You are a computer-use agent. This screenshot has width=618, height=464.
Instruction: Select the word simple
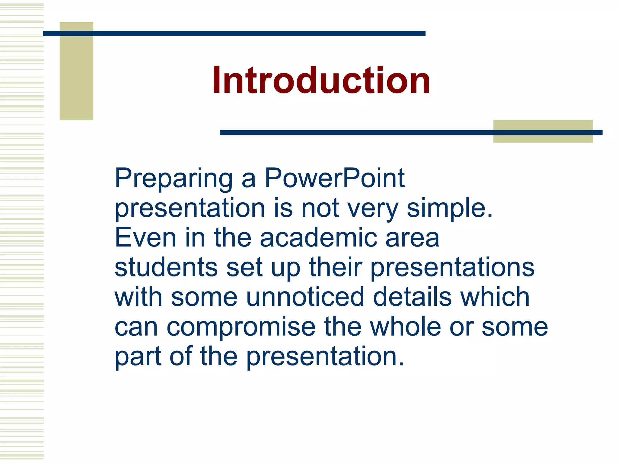450,208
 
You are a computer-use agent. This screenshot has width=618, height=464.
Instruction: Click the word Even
145,238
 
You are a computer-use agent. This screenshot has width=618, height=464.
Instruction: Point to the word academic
318,238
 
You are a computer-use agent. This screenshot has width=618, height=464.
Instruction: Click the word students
166,267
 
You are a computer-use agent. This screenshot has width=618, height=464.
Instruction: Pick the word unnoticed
305,297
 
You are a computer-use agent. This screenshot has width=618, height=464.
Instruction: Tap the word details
412,297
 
